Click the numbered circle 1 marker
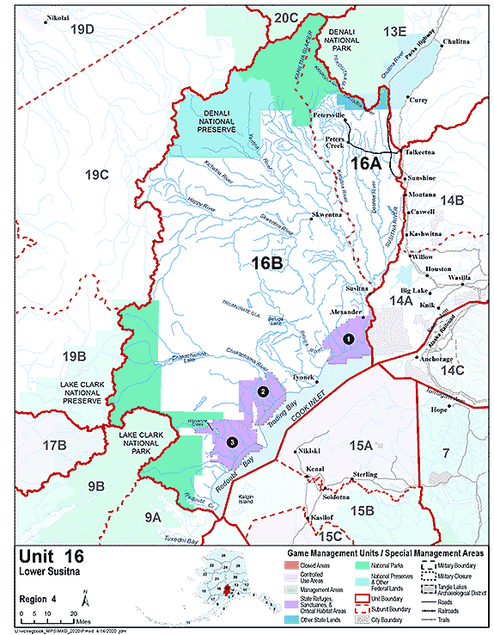(x=348, y=339)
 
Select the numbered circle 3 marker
(x=230, y=441)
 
